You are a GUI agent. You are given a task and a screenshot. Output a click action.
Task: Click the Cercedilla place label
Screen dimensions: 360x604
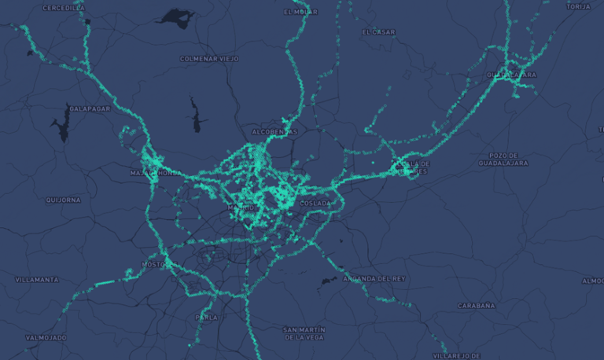63,8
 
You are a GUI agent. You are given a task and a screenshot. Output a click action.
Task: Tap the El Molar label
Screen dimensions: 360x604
300,13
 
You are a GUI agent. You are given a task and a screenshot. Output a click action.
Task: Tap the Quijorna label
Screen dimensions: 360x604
63,200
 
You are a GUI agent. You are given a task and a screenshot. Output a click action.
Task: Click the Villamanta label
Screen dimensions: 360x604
37,279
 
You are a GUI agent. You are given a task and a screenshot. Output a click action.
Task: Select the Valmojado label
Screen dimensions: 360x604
46,337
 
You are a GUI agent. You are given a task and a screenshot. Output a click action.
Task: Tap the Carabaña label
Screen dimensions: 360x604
477,305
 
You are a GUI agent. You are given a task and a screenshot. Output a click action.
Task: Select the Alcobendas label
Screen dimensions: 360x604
274,131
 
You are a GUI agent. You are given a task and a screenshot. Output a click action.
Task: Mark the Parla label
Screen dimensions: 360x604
207,318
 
